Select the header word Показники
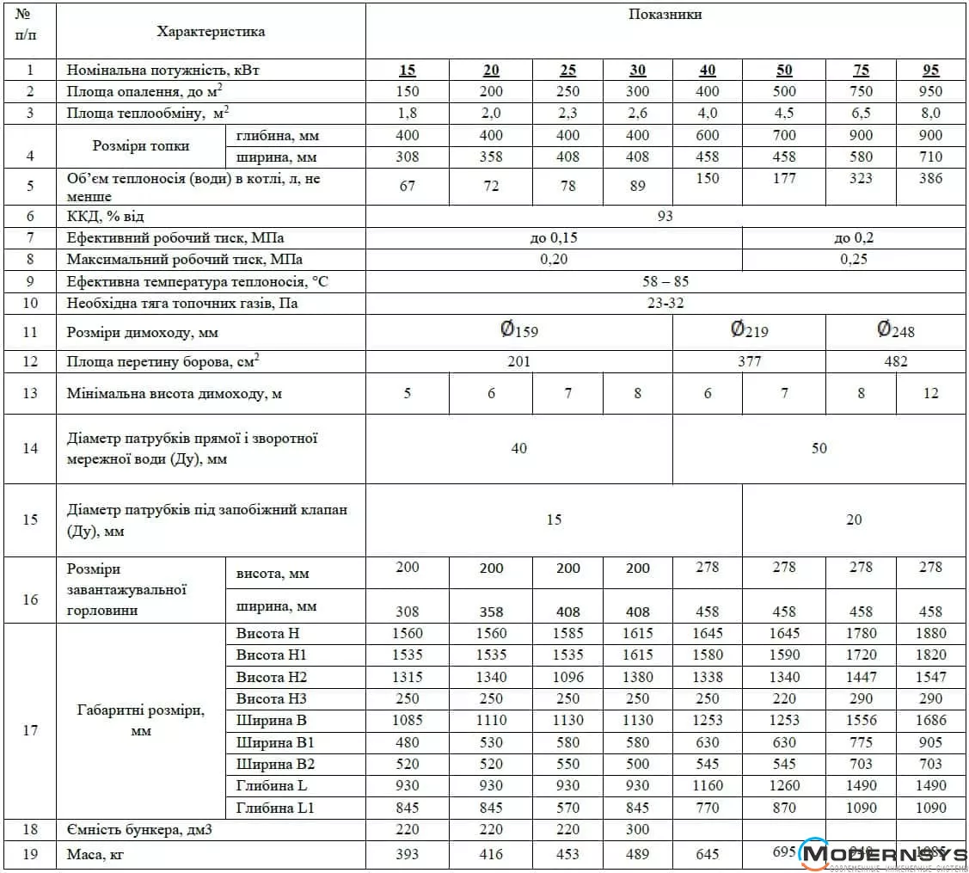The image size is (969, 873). [x=665, y=15]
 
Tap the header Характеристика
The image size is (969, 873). [x=211, y=32]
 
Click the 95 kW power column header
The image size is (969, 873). [x=930, y=71]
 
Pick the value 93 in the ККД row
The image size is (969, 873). [x=665, y=216]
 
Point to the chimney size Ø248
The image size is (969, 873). [x=896, y=331]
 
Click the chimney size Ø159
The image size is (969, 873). [x=519, y=331]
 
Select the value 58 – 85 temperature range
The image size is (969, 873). [x=665, y=281]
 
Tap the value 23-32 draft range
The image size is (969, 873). [x=665, y=303]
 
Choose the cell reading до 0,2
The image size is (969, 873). [x=854, y=238]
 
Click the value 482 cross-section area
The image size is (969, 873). [x=896, y=362]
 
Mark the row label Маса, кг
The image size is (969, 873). [x=101, y=855]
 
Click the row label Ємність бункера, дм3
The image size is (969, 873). [x=139, y=829]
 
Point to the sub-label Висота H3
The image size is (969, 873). [x=271, y=698]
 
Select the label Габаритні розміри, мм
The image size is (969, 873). [x=141, y=720]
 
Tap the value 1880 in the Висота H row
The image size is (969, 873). [x=930, y=633]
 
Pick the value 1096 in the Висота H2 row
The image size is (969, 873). [x=567, y=677]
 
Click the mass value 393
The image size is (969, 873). [x=407, y=855]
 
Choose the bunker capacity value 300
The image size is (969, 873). [x=637, y=829]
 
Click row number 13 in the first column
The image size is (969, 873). [x=30, y=393]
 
